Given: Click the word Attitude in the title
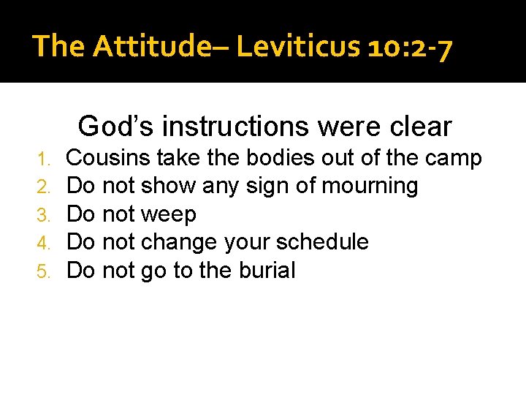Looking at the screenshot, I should pos(148,46).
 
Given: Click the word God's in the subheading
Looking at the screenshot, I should pos(116,126).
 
